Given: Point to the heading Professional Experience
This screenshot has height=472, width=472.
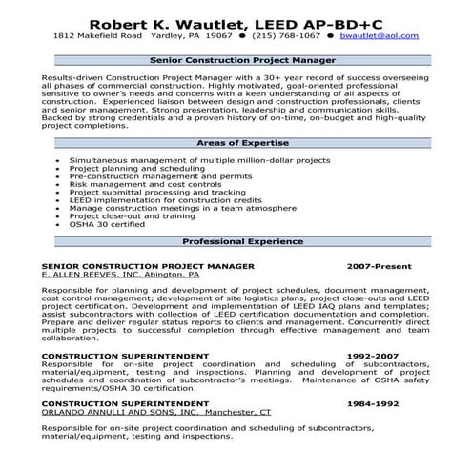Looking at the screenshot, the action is pos(236,241).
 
